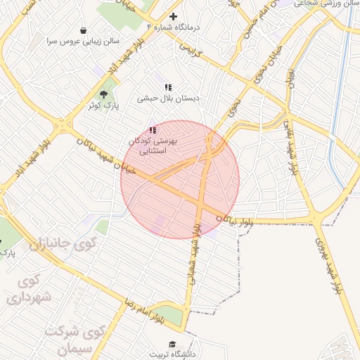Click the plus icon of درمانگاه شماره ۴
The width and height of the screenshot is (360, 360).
[174, 16]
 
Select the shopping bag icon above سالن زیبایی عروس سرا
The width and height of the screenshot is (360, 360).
[84, 31]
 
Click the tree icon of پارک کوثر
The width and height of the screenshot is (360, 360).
[105, 94]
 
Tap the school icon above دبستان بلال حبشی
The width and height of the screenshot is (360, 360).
[168, 87]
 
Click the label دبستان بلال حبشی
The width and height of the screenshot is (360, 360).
[168, 98]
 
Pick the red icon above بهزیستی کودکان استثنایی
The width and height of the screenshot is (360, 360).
[153, 130]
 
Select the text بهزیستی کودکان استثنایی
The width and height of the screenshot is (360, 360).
[153, 146]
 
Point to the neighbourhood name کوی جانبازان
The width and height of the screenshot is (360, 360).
[65, 246]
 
